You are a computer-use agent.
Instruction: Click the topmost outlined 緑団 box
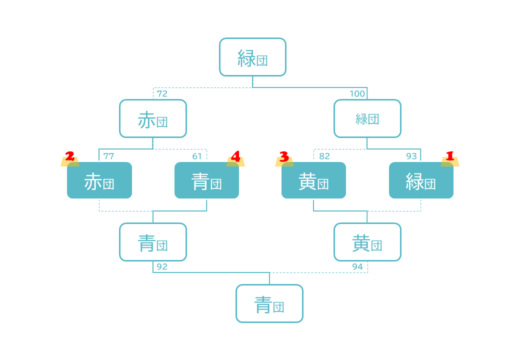[x=252, y=57]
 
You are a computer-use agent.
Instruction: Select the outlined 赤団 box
[x=152, y=118]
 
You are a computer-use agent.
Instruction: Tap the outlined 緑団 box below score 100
[x=367, y=118]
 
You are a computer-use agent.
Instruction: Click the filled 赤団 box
[x=99, y=180]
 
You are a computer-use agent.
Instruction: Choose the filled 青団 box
[x=206, y=180]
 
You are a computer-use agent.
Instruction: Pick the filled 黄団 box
[x=313, y=180]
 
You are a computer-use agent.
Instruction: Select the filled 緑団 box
[x=421, y=180]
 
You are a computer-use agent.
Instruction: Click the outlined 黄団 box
[x=367, y=242]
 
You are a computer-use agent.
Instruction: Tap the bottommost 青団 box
[x=269, y=303]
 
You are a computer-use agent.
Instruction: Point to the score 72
[x=162, y=94]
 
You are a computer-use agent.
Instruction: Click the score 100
[x=357, y=94]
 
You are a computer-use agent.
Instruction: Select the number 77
[x=108, y=156]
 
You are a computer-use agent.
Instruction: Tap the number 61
[x=197, y=156]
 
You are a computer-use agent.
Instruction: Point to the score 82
[x=324, y=156]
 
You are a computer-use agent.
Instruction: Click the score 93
[x=411, y=156]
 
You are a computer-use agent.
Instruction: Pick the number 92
[x=162, y=267]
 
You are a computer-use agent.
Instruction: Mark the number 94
[x=357, y=267]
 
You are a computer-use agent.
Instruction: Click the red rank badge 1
[x=449, y=156]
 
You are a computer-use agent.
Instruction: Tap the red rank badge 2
[x=70, y=156]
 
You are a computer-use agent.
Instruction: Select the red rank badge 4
[x=235, y=156]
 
